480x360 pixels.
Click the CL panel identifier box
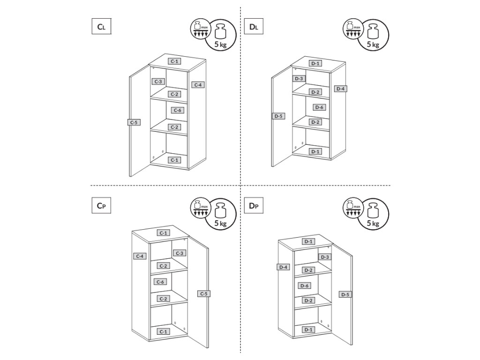click(101, 27)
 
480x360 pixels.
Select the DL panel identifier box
click(254, 27)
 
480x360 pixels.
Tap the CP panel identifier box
click(101, 206)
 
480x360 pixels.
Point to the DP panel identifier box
click(254, 206)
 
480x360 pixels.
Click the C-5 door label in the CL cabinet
click(134, 122)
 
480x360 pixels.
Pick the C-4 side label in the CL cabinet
click(198, 85)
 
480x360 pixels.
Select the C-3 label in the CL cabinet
click(158, 82)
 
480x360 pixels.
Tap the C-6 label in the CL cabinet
click(177, 110)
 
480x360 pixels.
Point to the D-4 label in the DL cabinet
click(341, 89)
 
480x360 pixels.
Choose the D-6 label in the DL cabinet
click(319, 107)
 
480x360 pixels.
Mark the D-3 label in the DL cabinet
click(300, 78)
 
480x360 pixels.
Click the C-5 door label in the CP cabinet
click(204, 293)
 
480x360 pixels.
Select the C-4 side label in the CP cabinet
click(140, 256)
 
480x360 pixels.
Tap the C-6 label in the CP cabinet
click(160, 282)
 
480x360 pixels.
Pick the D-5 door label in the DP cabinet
click(345, 294)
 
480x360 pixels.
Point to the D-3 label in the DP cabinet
click(325, 257)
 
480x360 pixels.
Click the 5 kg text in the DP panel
click(373, 224)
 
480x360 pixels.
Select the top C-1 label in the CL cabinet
click(174, 61)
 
